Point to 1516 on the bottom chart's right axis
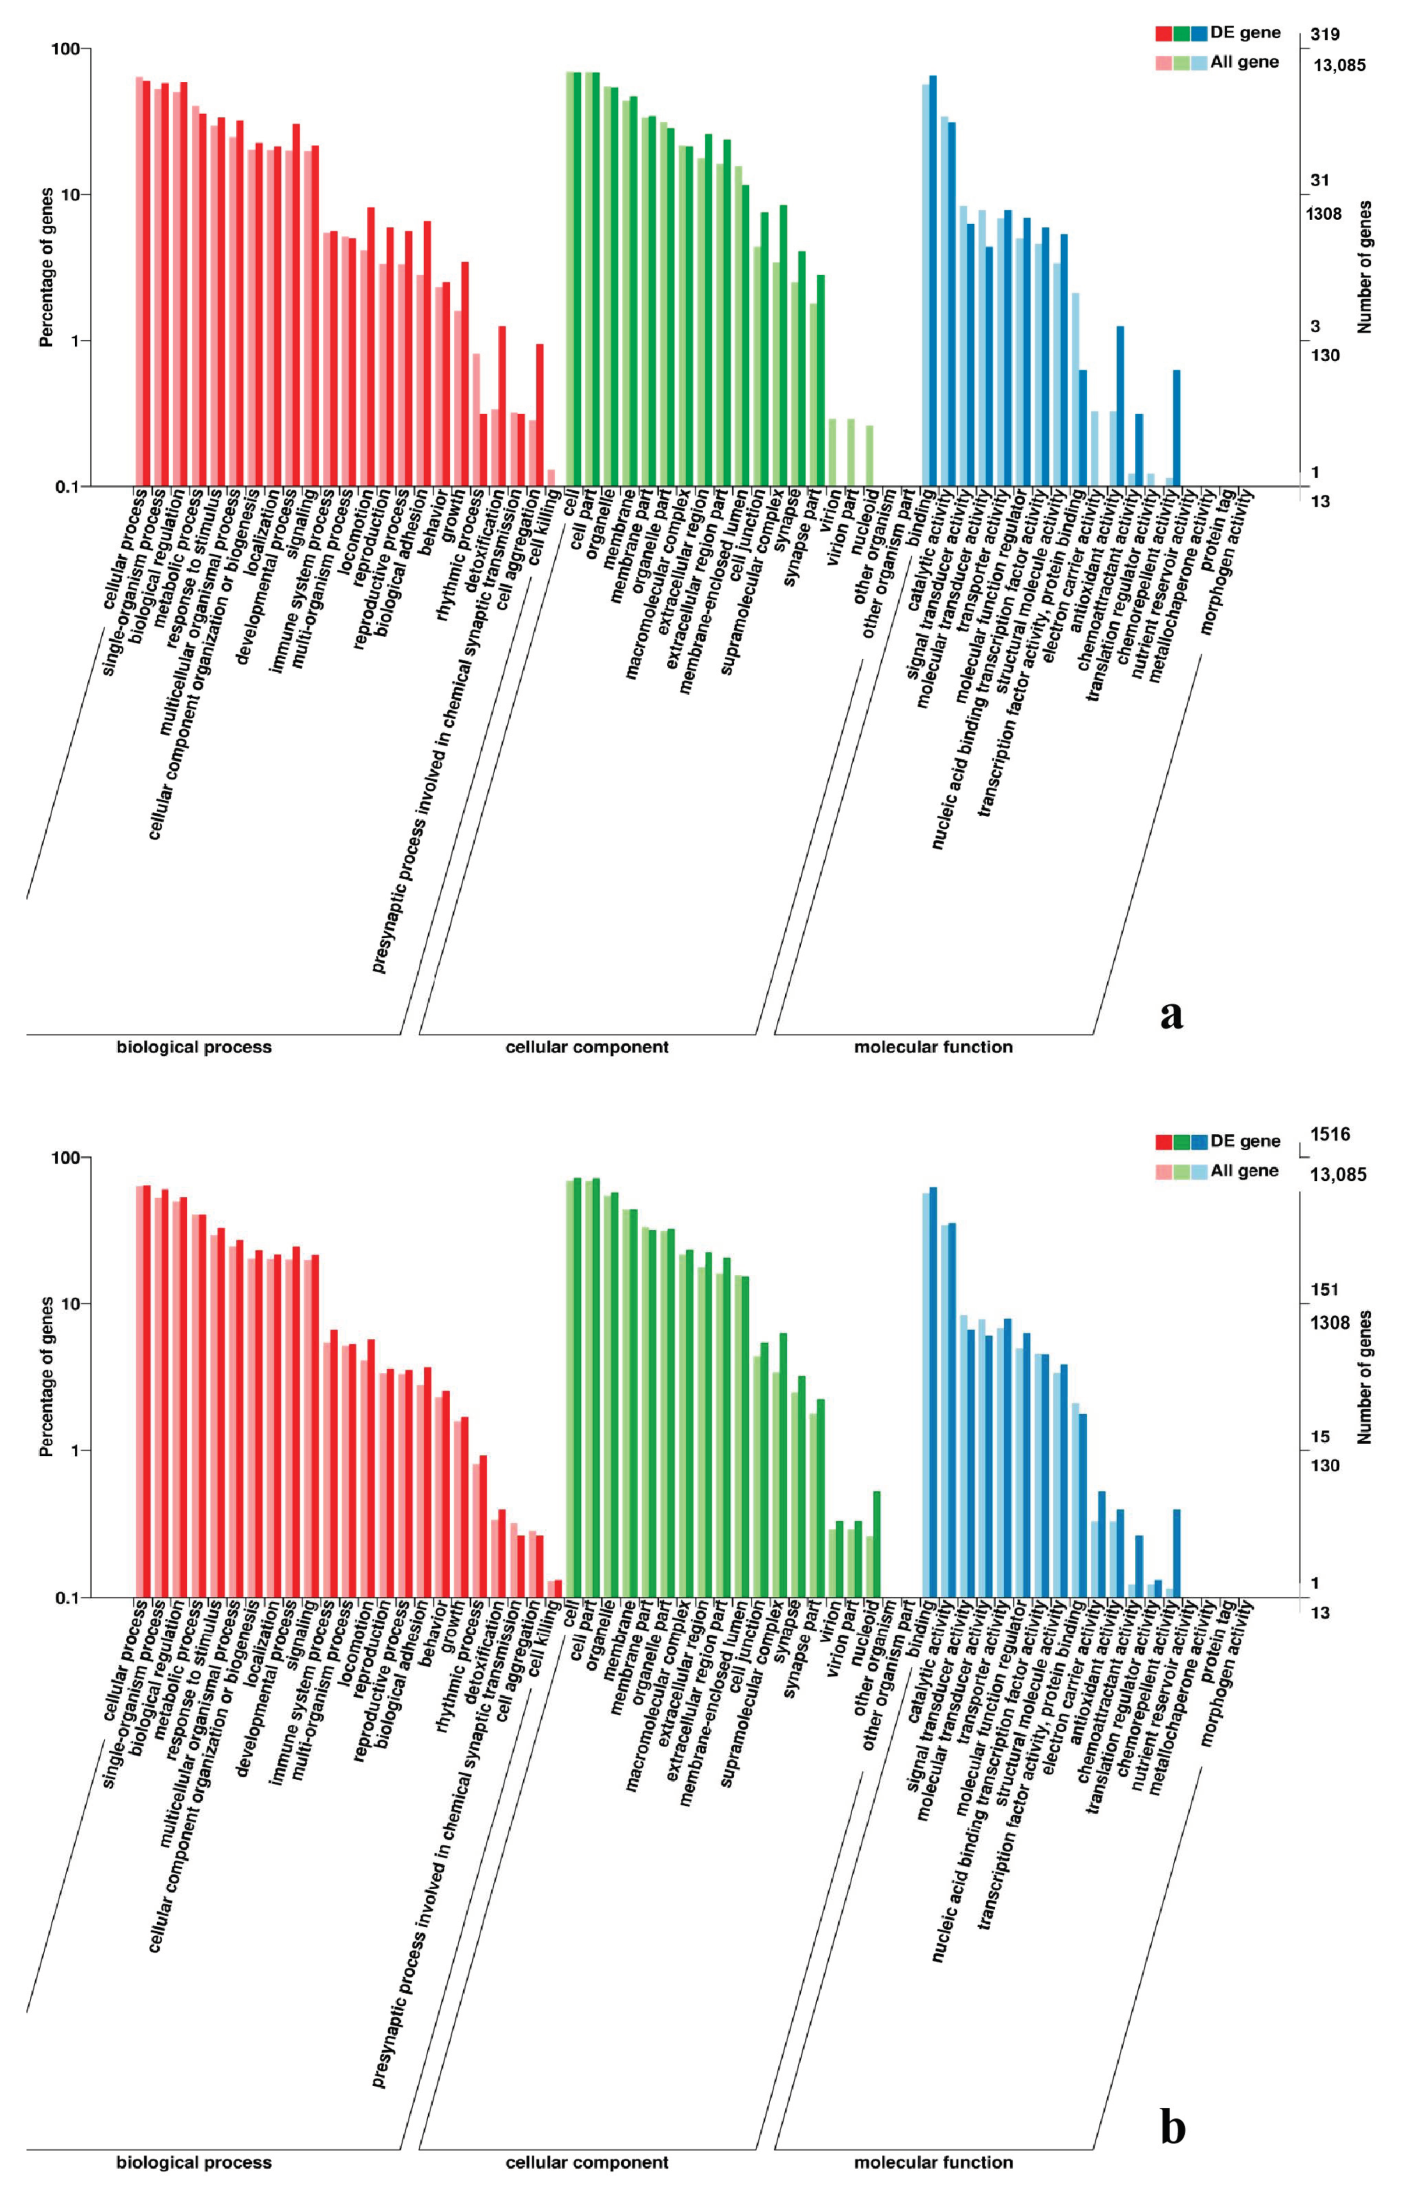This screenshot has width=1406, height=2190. tap(1330, 1135)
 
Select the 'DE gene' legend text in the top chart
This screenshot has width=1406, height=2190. tap(1245, 33)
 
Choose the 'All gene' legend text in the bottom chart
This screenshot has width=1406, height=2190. tap(1244, 1170)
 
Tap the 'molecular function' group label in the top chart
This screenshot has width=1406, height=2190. tap(933, 1047)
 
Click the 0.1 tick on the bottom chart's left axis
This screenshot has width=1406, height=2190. tap(66, 1597)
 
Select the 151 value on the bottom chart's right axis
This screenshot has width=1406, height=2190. tap(1324, 1290)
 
